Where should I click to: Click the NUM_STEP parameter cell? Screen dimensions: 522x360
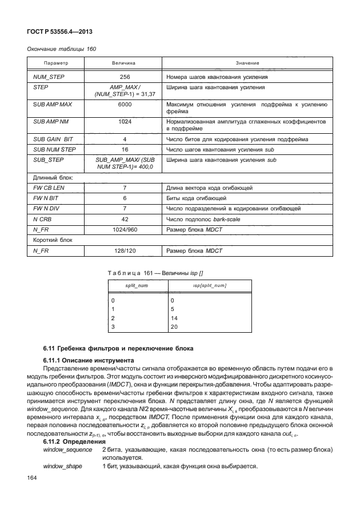point(47,76)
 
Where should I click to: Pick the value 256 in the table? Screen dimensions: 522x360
point(124,76)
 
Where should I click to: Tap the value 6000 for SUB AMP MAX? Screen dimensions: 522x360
point(124,105)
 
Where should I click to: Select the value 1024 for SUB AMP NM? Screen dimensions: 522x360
point(124,122)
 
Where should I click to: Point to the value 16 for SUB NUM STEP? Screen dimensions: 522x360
point(124,149)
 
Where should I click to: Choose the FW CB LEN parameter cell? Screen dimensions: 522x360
point(49,187)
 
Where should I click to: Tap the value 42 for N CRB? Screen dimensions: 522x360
point(124,218)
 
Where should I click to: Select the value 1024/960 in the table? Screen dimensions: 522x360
point(124,228)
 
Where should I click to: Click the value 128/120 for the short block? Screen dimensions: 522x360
point(124,251)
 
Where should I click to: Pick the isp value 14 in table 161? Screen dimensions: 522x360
point(174,318)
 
